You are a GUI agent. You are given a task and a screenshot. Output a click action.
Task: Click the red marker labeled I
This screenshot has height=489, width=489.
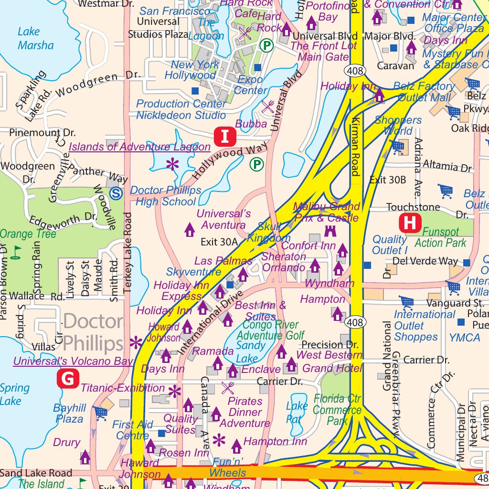point(225,136)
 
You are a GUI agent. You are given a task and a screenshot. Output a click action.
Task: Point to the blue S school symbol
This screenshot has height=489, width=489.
point(115,193)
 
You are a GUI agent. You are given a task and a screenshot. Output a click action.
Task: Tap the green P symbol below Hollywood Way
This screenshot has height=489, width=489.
point(257,164)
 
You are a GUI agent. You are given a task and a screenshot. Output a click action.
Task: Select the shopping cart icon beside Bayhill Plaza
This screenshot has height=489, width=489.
point(100,413)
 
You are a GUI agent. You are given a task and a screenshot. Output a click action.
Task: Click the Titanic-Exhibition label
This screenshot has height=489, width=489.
point(123,388)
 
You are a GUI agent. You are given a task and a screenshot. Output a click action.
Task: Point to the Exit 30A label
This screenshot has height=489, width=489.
point(219,242)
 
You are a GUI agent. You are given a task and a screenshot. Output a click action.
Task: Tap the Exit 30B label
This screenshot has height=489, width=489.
point(388,180)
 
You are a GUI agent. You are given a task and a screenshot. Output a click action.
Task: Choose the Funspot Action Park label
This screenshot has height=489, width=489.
point(440,237)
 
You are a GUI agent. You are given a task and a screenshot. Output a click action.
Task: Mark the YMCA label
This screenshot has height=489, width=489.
point(464,338)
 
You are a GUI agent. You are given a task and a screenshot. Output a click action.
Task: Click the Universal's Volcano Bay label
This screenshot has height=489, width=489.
point(73,361)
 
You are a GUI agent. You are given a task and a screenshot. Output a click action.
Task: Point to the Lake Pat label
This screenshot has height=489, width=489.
point(297,413)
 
